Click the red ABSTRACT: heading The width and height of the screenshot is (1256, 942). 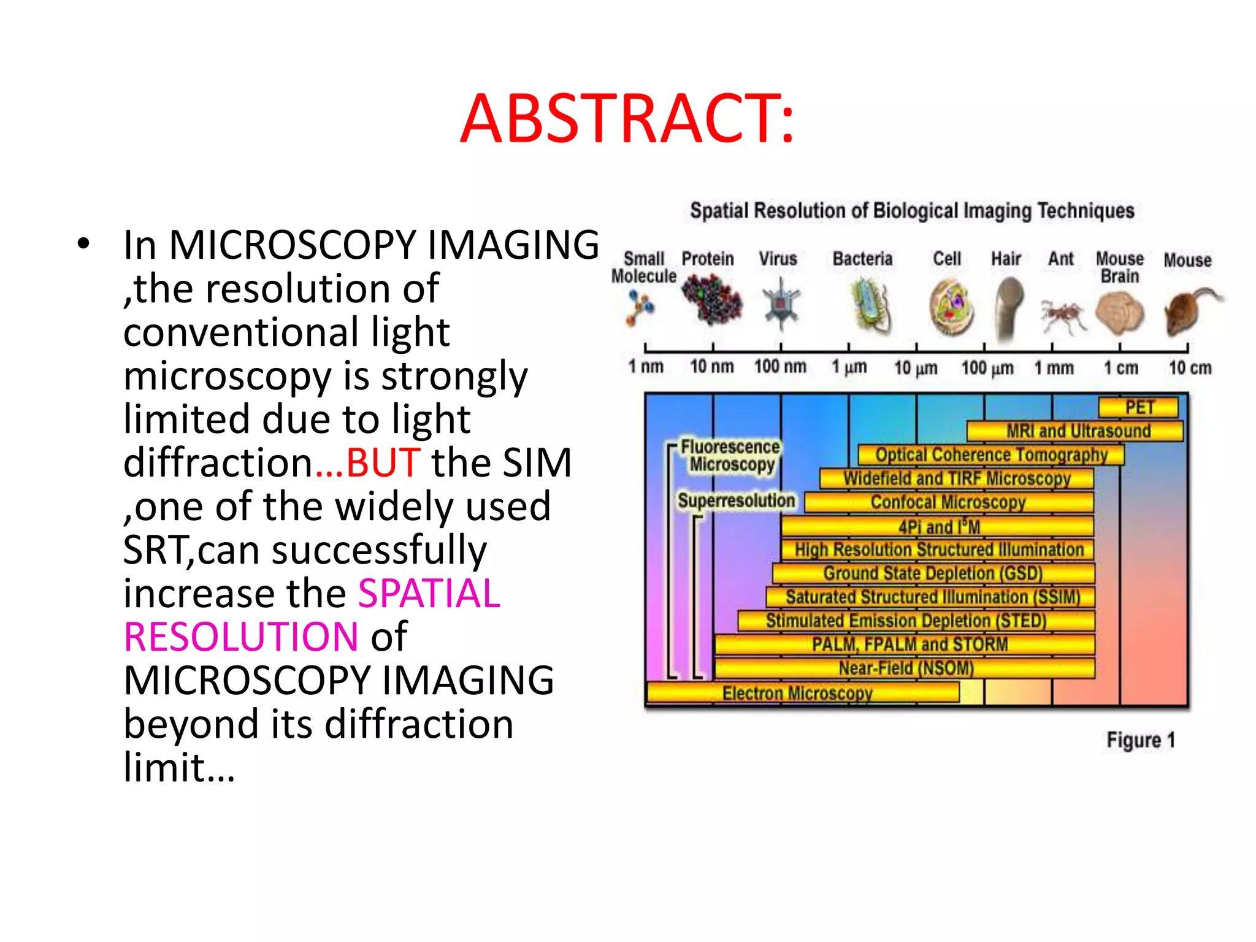[627, 119]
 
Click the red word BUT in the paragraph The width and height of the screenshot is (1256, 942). [383, 462]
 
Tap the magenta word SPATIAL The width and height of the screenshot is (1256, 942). [429, 593]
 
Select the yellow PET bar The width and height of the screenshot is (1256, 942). [1138, 408]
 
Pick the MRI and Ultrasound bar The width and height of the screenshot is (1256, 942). [1074, 431]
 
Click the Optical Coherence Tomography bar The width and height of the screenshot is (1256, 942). [990, 454]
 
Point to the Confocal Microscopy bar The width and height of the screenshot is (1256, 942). [948, 502]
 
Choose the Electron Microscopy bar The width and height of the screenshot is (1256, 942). [802, 693]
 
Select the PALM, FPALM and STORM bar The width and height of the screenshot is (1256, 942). [905, 644]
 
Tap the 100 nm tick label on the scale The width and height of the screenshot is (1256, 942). [780, 367]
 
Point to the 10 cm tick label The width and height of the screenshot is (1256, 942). [1190, 368]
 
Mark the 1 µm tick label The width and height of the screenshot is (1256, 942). [849, 367]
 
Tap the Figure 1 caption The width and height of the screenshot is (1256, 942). [1141, 740]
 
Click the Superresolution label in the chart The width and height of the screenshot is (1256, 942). [736, 501]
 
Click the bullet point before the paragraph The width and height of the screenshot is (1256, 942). [83, 244]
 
